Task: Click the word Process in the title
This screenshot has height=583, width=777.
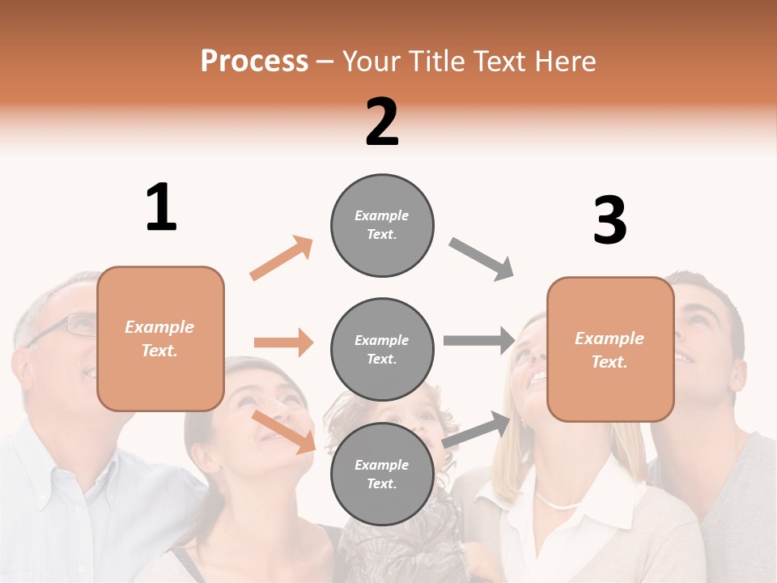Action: coord(254,61)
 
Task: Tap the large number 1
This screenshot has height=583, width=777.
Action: coord(161,208)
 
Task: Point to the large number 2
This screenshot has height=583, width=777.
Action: coord(382,122)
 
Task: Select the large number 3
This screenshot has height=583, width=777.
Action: coord(609,220)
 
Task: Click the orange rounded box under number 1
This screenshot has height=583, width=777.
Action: coord(160,338)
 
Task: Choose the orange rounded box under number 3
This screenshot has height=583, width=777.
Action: coord(610,349)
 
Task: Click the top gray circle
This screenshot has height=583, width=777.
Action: coord(382,225)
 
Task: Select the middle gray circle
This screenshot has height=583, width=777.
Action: coord(382,349)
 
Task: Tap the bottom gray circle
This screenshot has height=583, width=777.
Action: coord(382,474)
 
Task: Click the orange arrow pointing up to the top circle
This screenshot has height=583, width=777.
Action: coord(281,257)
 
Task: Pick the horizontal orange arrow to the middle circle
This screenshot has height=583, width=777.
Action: coord(283,343)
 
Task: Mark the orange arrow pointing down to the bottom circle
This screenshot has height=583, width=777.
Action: coord(284,432)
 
